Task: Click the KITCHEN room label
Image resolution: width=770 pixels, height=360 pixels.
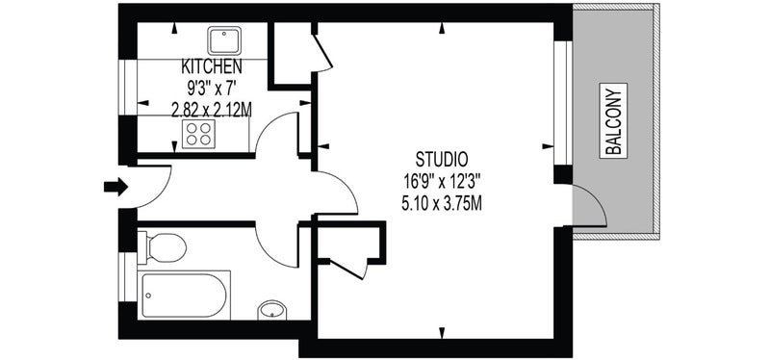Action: tap(211, 65)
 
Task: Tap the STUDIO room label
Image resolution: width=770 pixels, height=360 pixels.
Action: tap(442, 159)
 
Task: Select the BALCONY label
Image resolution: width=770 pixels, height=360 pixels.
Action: tap(613, 121)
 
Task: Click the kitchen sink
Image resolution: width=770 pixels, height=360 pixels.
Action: tap(224, 40)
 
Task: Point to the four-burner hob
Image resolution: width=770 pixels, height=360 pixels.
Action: tap(198, 134)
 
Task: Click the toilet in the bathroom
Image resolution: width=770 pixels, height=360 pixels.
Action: tap(162, 247)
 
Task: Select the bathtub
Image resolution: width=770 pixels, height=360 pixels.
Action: tap(184, 296)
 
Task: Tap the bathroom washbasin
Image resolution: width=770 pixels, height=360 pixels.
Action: tap(272, 310)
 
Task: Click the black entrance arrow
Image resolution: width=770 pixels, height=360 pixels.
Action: tap(115, 187)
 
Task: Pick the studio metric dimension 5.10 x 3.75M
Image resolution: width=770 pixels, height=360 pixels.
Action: tap(442, 203)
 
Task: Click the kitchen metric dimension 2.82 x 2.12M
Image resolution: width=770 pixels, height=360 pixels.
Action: tap(211, 111)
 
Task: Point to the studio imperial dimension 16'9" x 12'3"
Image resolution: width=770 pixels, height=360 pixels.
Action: tap(442, 182)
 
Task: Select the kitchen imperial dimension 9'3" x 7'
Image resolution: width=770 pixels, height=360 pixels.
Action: tap(211, 89)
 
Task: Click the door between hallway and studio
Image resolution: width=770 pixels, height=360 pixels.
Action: tap(348, 187)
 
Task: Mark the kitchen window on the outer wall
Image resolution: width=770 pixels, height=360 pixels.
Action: tap(128, 88)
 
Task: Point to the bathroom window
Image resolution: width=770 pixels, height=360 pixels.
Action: tap(128, 277)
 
